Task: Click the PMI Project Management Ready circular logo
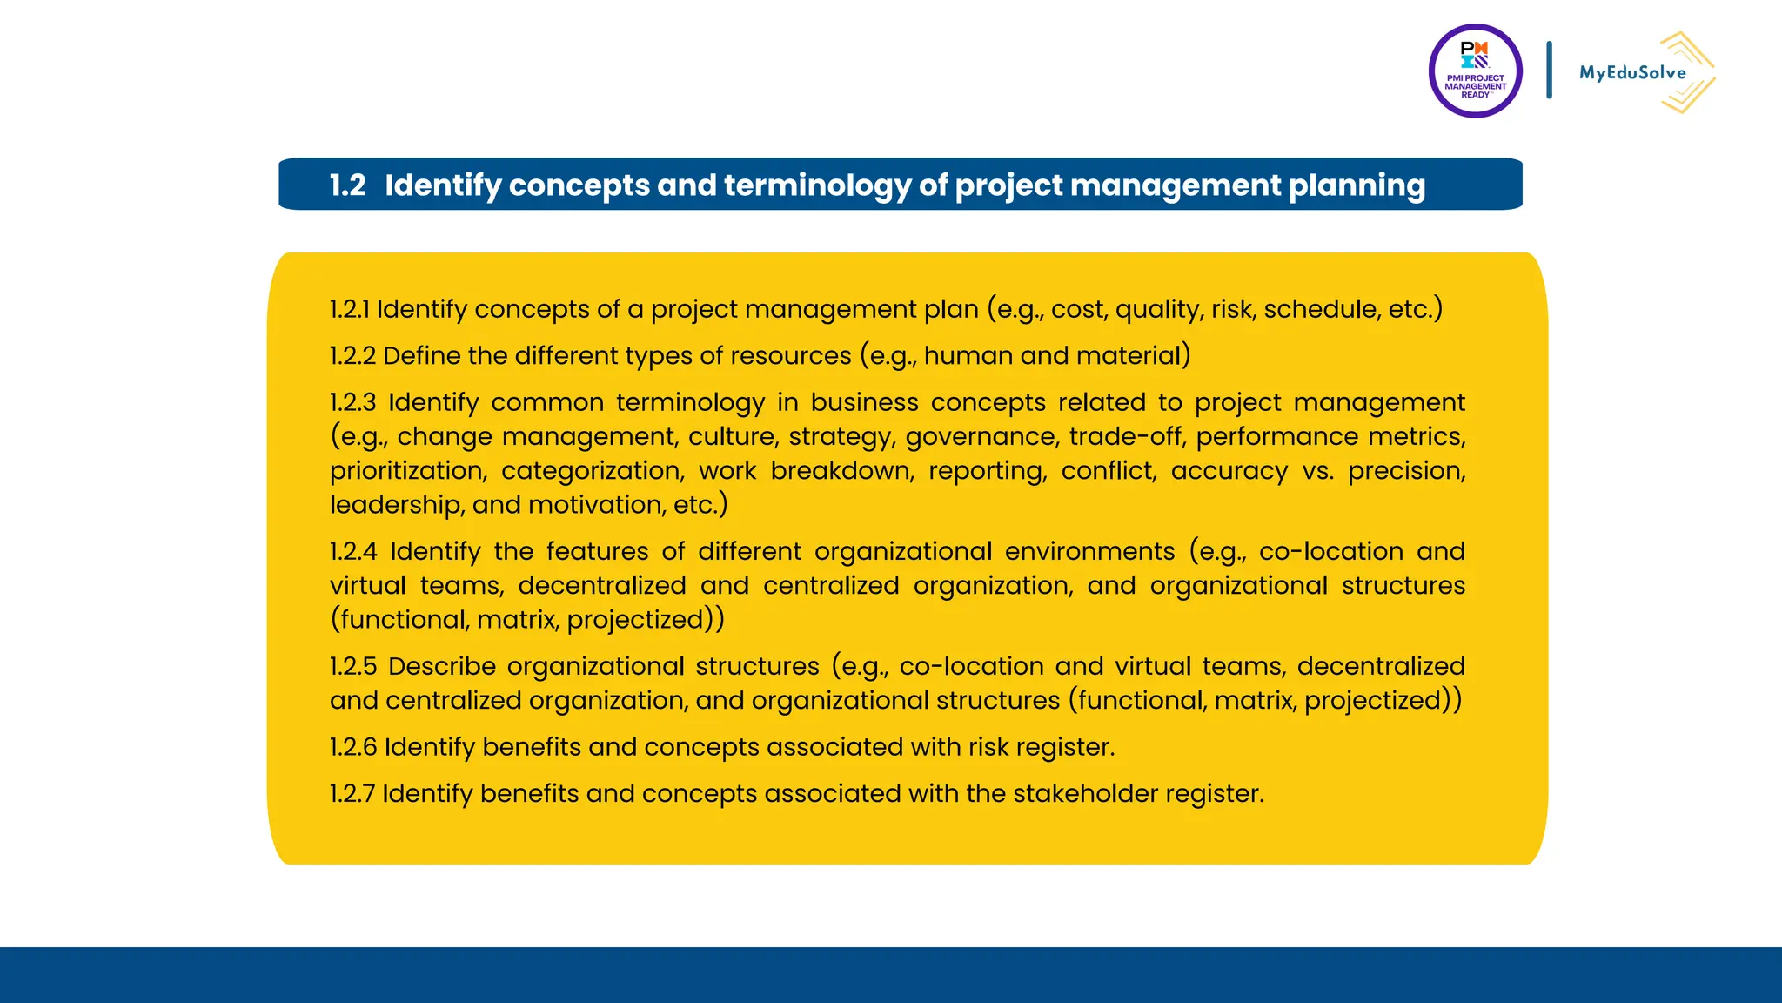click(x=1475, y=71)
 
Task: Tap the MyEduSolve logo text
click(x=1632, y=73)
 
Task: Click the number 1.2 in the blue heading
click(x=347, y=185)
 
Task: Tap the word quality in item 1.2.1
click(x=1157, y=309)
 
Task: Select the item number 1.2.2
click(x=352, y=355)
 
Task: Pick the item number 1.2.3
click(x=352, y=402)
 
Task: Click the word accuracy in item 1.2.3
click(x=1229, y=470)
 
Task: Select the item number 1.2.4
click(x=353, y=551)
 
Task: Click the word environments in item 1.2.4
click(x=1089, y=551)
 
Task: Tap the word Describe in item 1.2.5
click(x=441, y=666)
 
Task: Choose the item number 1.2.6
click(x=352, y=747)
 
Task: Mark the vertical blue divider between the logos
click(x=1549, y=70)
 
